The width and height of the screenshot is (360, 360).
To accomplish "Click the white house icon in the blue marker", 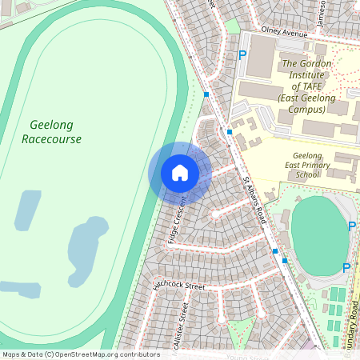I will pyautogui.click(x=180, y=172).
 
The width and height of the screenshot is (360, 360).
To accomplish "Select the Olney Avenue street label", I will pyautogui.click(x=278, y=35).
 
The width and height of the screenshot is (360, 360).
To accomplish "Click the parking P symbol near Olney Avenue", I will pyautogui.click(x=242, y=55).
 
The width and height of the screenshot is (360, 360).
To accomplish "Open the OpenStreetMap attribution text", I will pyautogui.click(x=80, y=354).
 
